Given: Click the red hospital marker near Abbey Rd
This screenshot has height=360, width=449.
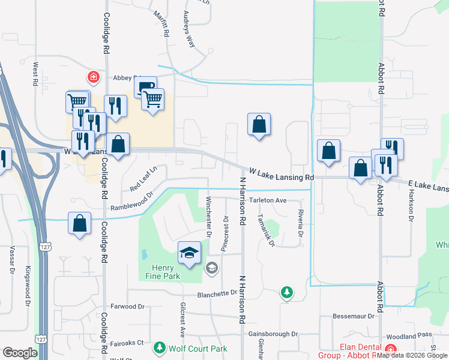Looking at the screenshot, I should pos(93,77).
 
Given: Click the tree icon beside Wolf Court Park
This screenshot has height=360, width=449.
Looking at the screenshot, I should pos(159,348).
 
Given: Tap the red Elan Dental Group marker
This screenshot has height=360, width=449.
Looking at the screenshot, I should pos(391,350).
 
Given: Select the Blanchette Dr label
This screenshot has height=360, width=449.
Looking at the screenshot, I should pos(218,294).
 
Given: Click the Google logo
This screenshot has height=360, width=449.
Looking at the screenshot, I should pos(20,353).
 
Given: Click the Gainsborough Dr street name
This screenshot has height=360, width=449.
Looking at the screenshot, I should pos(273,334).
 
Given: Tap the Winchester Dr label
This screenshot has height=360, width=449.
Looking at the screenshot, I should pos(208,217).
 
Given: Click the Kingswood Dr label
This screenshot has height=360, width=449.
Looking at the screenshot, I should pos(28,287).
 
